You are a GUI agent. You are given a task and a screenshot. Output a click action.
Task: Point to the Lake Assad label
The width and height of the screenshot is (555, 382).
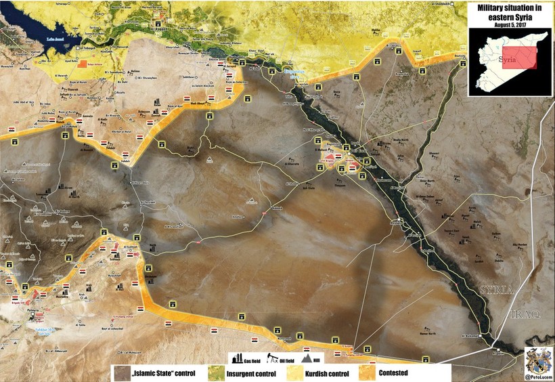point(56,40)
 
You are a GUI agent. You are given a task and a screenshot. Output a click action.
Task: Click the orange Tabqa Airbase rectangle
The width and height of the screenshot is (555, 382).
point(83,64)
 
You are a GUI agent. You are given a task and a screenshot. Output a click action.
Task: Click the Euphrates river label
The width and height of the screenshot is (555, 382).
point(294,70)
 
